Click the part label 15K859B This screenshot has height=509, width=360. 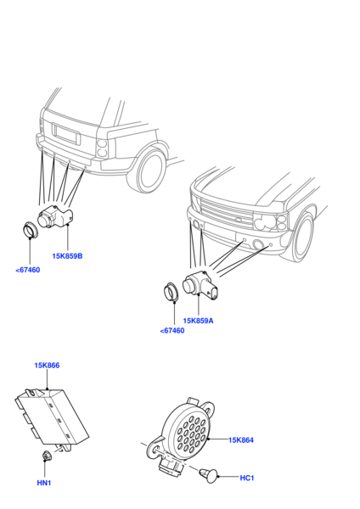[67, 256]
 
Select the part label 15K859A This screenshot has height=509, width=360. [198, 321]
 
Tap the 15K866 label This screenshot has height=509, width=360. [47, 366]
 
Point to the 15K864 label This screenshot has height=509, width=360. [241, 440]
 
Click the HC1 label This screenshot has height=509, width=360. [247, 478]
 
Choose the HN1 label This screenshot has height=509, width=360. [44, 483]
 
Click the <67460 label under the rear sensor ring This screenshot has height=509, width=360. [28, 270]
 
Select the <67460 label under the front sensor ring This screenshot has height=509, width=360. [172, 331]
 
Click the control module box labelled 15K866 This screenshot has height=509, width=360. [52, 417]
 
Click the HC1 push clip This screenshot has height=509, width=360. [208, 474]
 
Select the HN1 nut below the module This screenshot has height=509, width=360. [47, 456]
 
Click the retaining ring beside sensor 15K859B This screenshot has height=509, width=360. [31, 230]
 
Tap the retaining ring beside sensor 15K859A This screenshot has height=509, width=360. [171, 292]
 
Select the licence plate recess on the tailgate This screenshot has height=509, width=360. [66, 134]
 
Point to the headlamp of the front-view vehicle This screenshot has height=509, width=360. [271, 222]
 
